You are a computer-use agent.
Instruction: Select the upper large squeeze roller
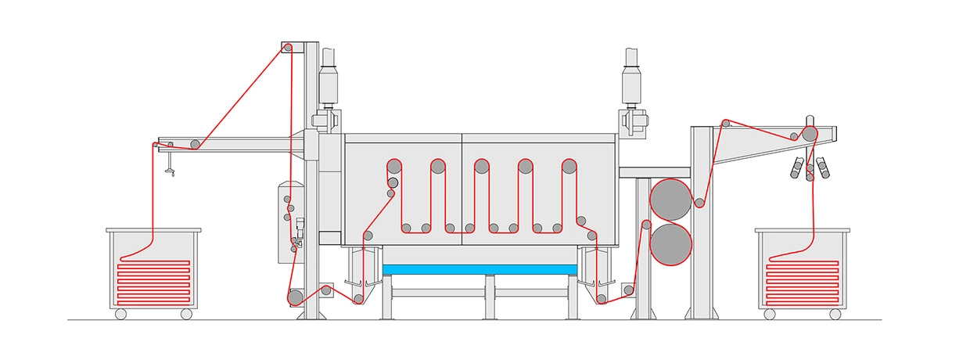pos(670,199)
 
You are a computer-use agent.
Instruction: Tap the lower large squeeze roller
pos(670,243)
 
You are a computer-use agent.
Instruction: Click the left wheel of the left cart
pos(120,314)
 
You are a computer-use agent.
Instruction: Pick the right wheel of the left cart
pos(186,314)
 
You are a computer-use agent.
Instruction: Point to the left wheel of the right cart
pos(770,314)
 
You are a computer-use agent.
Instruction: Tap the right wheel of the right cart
pos(835,314)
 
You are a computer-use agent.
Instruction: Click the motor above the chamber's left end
pos(329,81)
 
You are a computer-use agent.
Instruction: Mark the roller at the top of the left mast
pos(288,49)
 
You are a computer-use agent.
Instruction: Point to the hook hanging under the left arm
pos(169,166)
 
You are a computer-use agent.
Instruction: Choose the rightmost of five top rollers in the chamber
pos(569,166)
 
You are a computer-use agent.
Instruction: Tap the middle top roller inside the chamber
pos(481,166)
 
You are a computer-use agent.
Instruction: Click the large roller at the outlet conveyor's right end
pos(810,134)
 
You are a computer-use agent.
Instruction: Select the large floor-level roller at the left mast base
pos(295,298)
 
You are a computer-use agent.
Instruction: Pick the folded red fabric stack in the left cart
pos(153,282)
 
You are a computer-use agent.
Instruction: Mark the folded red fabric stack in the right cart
pos(803,282)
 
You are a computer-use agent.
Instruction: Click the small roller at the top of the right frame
pos(726,123)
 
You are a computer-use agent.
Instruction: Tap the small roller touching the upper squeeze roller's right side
pos(700,203)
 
